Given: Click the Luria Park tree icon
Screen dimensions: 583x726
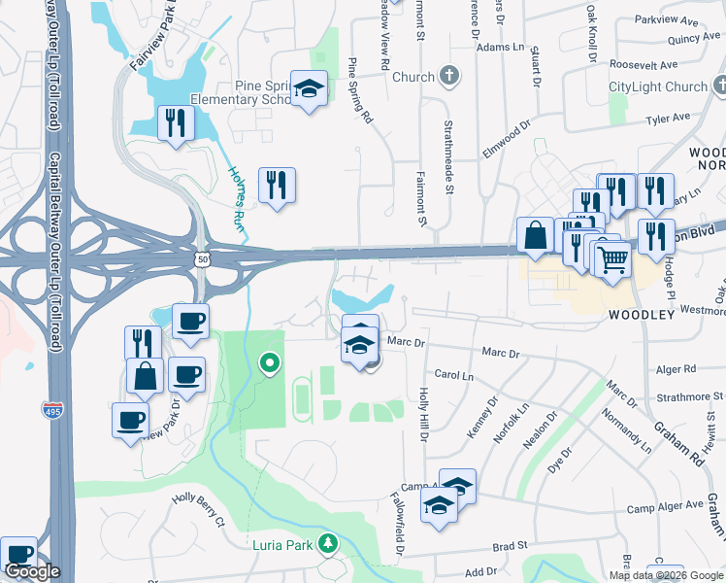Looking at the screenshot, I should pos(329,544).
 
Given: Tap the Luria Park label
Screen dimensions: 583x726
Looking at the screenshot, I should pos(283,545).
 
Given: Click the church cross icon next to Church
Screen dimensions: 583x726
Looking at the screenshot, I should pos(449,77).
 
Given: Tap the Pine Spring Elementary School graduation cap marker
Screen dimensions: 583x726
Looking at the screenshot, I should pos(309,90).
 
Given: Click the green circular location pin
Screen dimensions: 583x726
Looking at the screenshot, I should pos(269,364).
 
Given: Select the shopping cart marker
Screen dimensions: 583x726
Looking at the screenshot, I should pos(612,259).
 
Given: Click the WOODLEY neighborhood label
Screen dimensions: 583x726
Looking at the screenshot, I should pos(641,316).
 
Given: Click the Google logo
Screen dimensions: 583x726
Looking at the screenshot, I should pos(32,571).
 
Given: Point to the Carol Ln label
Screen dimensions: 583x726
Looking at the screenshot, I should pos(453,374).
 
